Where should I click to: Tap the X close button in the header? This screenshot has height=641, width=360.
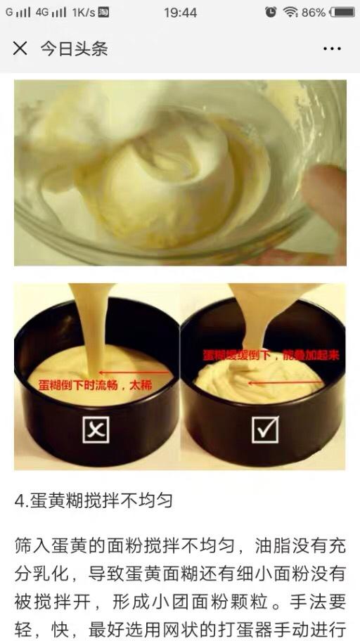[x=20, y=48]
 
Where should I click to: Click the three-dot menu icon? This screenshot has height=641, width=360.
[x=332, y=48]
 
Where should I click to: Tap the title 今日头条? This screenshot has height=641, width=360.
[x=74, y=48]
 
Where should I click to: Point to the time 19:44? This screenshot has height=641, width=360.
[x=180, y=13]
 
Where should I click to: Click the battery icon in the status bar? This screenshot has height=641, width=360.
[x=342, y=13]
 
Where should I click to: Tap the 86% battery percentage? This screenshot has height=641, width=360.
[x=314, y=13]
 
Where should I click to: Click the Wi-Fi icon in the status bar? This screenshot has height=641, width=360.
[x=290, y=13]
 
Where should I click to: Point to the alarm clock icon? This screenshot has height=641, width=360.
[x=271, y=13]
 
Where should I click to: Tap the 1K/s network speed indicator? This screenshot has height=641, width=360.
[x=84, y=13]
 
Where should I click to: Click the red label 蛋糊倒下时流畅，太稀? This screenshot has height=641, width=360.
[x=95, y=384]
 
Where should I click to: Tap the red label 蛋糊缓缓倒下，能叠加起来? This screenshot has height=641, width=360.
[x=271, y=355]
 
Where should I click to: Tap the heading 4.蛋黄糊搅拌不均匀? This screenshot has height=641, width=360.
[x=94, y=501]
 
